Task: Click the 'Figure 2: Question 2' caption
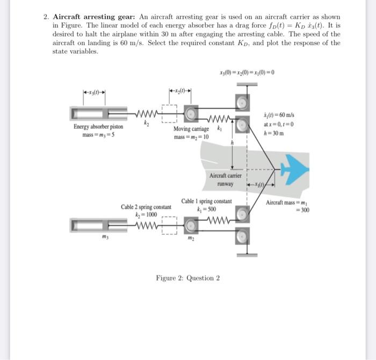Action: tap(187, 278)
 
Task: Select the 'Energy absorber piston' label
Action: tap(98, 127)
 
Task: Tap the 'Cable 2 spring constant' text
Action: tap(146, 206)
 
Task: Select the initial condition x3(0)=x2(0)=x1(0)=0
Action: tap(247, 73)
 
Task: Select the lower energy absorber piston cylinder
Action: tap(95, 222)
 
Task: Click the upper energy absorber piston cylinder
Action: tap(95, 113)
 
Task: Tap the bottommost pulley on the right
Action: tap(242, 235)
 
